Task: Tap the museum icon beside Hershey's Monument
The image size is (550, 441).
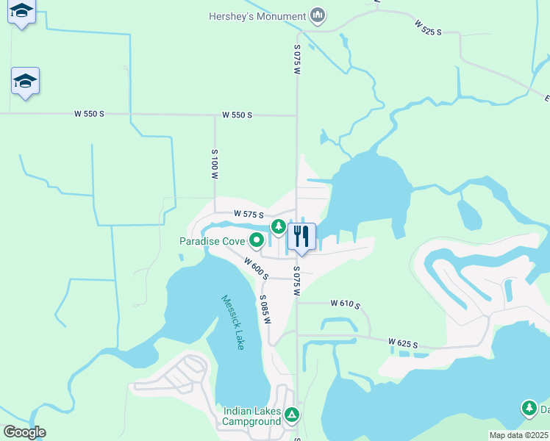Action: pos(318,15)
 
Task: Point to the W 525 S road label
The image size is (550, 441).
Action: pos(428,27)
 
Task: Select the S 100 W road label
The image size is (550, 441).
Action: pos(215,165)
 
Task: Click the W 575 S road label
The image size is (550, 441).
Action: pos(249,213)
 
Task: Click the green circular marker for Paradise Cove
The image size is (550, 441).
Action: pos(257,240)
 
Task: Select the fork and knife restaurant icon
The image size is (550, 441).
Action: pos(301,237)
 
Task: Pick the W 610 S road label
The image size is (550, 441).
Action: pos(345,303)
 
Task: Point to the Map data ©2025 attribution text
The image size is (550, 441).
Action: pos(518,435)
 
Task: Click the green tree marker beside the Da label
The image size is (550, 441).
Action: pos(529,409)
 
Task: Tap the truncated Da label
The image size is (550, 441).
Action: pos(545,409)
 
